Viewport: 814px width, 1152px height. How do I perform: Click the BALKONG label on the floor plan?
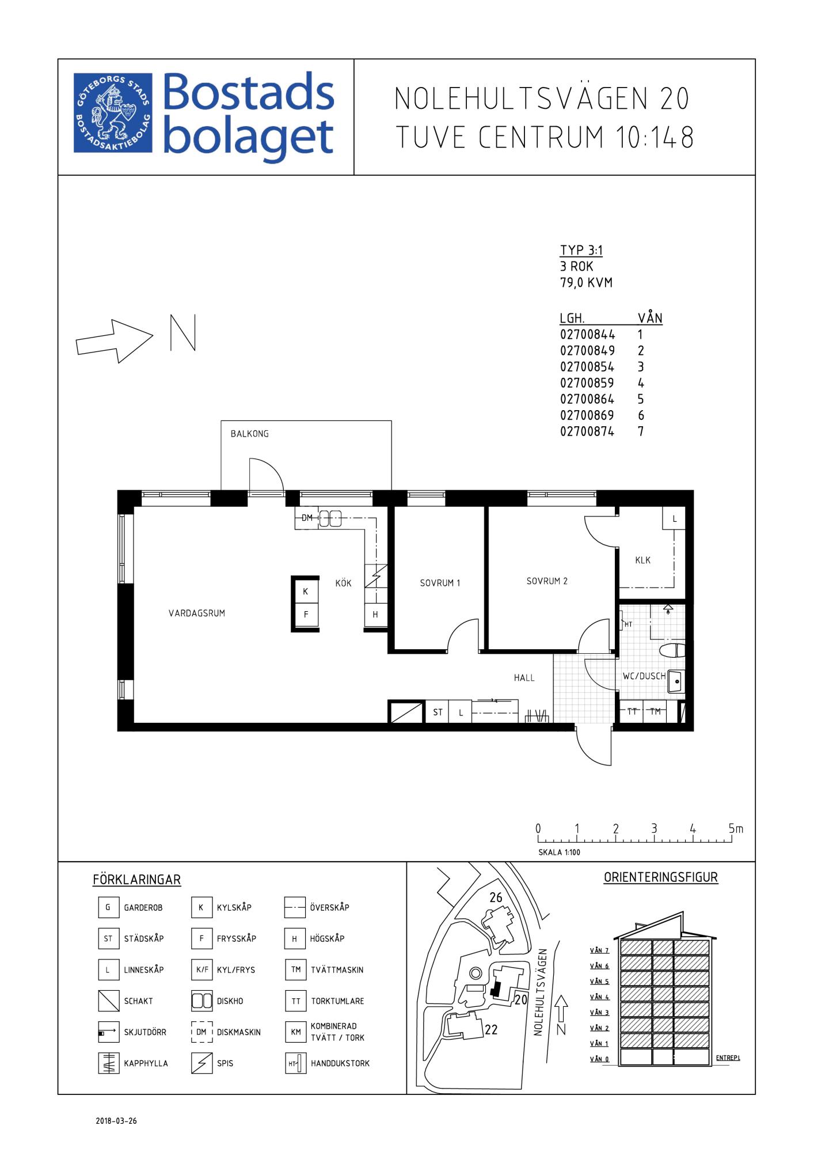point(249,434)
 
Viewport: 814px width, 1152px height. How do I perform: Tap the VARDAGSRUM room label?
point(197,613)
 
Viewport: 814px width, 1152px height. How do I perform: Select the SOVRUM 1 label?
point(440,583)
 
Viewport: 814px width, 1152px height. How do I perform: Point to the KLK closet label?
point(643,560)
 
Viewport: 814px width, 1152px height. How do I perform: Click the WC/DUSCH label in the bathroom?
point(644,676)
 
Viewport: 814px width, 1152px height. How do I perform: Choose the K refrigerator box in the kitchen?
point(306,592)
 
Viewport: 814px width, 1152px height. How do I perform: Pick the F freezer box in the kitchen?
point(306,615)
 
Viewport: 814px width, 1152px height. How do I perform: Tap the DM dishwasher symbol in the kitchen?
point(307,518)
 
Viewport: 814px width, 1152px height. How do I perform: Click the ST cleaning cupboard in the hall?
point(438,713)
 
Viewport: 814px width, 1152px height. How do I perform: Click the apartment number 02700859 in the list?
point(587,383)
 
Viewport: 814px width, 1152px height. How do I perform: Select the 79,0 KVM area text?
point(586,283)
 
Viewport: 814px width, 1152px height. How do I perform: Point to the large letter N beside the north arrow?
point(183,332)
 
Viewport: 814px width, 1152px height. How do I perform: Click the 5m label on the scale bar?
point(736,829)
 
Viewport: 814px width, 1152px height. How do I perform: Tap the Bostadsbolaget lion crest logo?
point(113,113)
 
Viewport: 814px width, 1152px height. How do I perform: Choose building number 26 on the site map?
point(496,897)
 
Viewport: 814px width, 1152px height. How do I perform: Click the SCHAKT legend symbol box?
point(108,1001)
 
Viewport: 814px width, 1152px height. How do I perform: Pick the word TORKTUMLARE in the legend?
point(337,1001)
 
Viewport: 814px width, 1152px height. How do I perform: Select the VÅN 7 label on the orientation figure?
point(599,950)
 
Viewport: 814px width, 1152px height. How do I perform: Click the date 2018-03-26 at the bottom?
point(116,1121)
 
